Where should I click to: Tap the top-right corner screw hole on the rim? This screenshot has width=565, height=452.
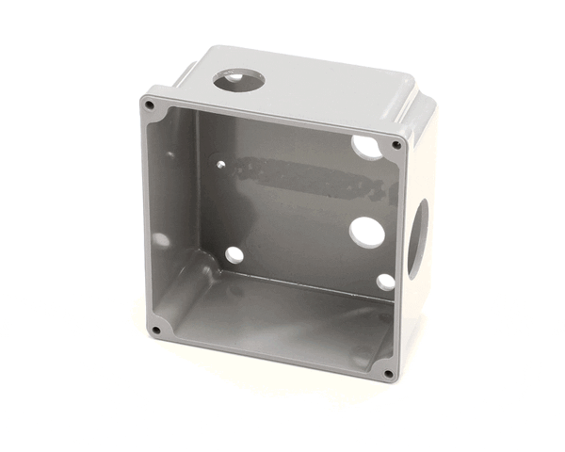click(396, 145)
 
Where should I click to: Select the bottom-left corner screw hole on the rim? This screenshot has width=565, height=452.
click(155, 330)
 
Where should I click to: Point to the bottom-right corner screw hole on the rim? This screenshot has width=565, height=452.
click(388, 373)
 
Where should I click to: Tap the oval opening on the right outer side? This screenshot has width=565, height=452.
click(417, 237)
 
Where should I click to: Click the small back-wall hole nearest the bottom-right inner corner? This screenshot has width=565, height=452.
click(384, 282)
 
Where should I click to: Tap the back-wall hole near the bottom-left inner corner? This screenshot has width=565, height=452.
click(234, 254)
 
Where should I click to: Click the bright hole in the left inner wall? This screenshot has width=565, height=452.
click(162, 240)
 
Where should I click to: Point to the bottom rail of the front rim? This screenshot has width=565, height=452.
click(273, 354)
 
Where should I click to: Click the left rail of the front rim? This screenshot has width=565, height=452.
click(151, 217)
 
